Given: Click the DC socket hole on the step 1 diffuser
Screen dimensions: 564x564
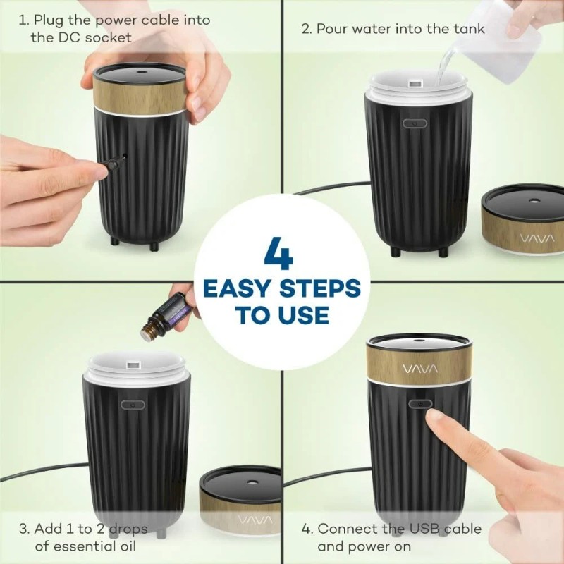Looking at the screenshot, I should click(126, 157).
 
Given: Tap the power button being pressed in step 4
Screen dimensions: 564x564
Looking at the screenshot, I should click(421, 405).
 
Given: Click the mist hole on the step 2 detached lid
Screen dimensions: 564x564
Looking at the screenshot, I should click(528, 200).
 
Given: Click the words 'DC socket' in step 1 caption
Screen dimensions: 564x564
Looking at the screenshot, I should click(81, 37).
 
